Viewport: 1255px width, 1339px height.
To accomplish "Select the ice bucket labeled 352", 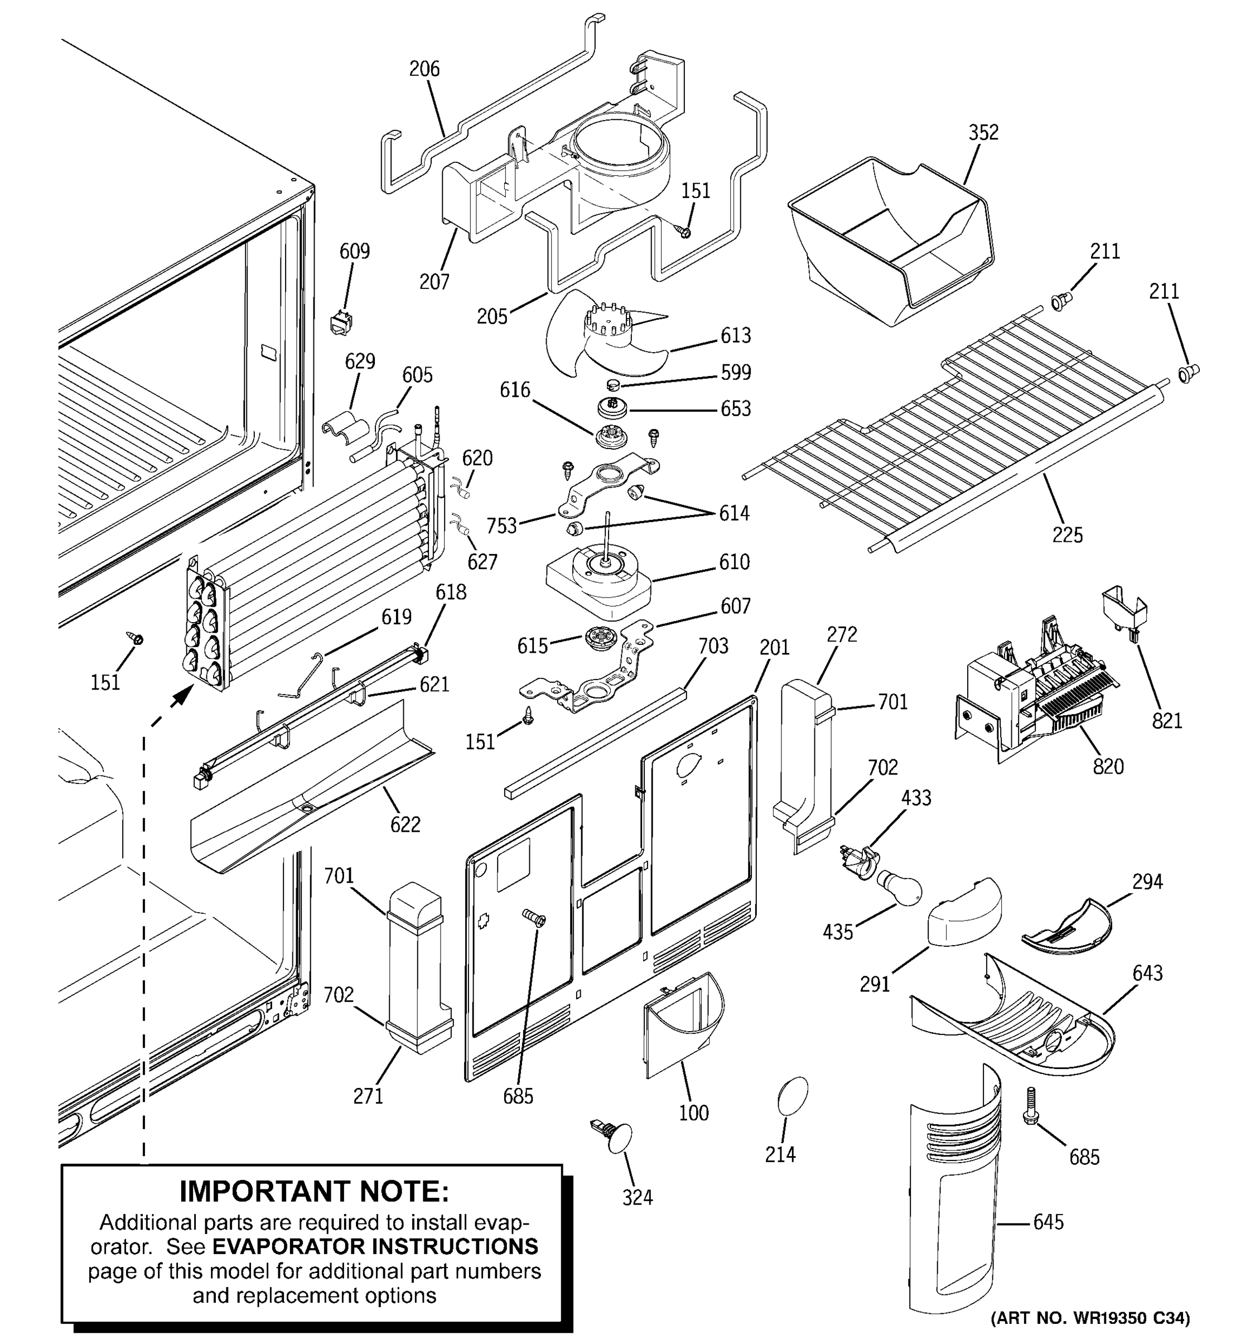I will click(x=889, y=236).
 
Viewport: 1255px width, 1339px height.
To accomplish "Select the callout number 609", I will click(x=354, y=251).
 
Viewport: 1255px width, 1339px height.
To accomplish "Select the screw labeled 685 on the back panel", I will click(x=534, y=917).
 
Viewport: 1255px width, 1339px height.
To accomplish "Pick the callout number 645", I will click(x=1048, y=1222).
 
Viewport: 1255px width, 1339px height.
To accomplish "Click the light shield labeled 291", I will click(x=964, y=913).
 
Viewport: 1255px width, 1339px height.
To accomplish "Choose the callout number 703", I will click(x=713, y=646).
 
